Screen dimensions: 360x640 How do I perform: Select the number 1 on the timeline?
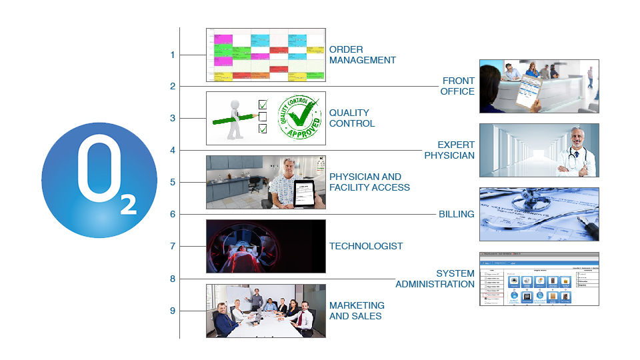coord(173,55)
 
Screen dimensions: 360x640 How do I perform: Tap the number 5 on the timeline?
coord(173,182)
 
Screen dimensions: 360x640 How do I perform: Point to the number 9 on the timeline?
coord(173,311)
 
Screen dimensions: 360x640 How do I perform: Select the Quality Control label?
coord(352,118)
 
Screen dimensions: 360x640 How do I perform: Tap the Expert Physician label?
coord(449,150)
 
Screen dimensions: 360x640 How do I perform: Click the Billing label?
coord(456,214)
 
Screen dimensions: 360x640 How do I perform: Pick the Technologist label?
coord(366,246)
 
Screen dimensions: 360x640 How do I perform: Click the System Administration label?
coord(435,279)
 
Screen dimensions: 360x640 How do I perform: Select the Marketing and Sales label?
coord(357,311)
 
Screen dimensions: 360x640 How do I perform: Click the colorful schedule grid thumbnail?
coord(265,55)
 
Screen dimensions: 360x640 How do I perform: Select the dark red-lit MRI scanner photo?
coord(265,246)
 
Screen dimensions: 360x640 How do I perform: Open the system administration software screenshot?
coord(539,279)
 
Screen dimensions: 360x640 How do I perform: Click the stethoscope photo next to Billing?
coord(539,213)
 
